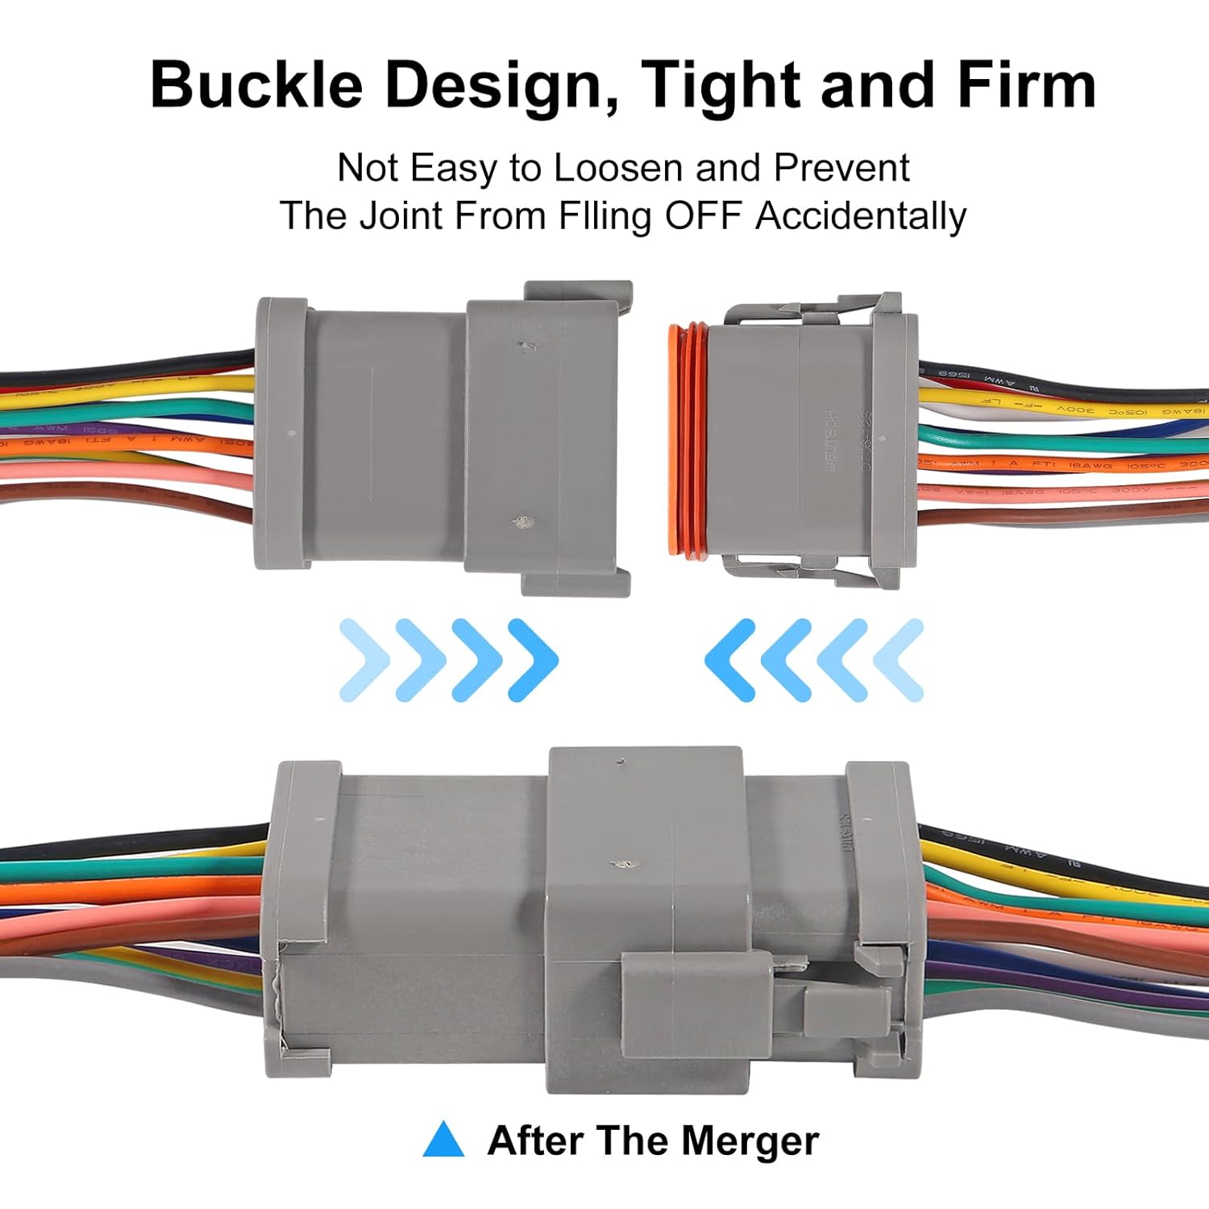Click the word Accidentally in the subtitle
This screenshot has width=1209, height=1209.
pos(860,216)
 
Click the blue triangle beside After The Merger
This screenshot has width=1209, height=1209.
pos(443,1140)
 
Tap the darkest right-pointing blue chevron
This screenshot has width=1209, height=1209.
pos(534,659)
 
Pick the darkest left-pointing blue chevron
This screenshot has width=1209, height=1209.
pos(730,659)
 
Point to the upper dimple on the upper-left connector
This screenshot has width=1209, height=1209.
pos(527,347)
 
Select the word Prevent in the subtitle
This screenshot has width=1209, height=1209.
pos(841,168)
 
